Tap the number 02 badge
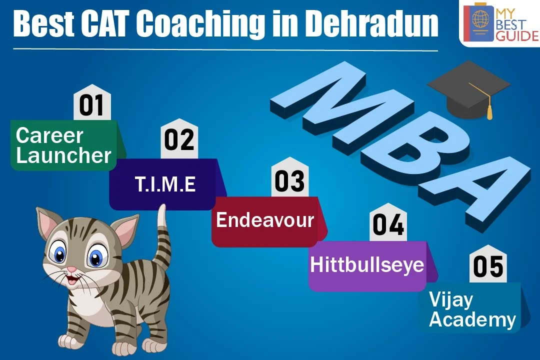(179, 139)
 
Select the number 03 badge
(289, 178)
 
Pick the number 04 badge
(388, 223)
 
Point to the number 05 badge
(488, 264)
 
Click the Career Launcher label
(63, 145)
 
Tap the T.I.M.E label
(165, 184)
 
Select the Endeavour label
(265, 220)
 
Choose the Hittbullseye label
(367, 265)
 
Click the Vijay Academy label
(472, 309)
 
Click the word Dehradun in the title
(372, 23)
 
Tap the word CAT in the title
(105, 23)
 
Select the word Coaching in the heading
(202, 24)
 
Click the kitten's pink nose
(71, 269)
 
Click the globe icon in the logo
(481, 19)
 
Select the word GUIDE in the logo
(516, 36)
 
